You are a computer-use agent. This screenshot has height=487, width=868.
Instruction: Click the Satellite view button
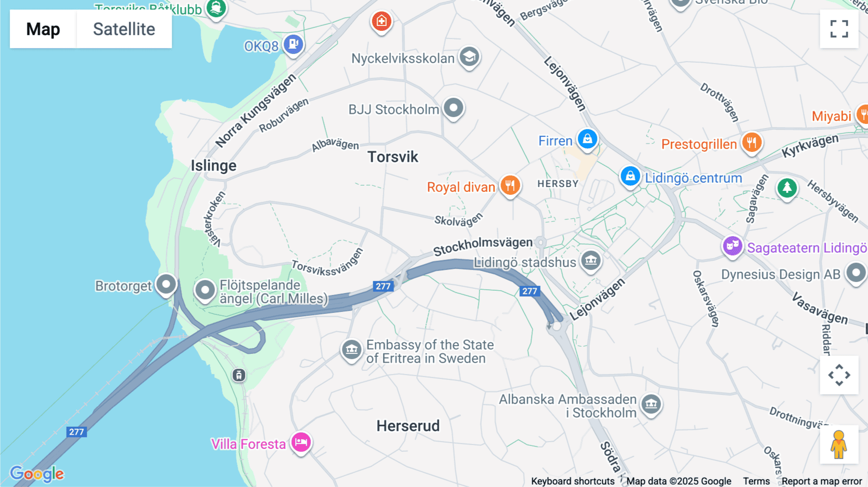[124, 29]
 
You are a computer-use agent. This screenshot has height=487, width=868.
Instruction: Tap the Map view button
[43, 29]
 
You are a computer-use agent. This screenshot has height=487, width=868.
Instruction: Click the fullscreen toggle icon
[839, 29]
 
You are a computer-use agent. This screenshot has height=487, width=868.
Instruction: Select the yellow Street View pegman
[839, 445]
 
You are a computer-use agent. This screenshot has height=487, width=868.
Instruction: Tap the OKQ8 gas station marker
[293, 45]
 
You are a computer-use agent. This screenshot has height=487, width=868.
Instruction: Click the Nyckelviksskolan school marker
[469, 57]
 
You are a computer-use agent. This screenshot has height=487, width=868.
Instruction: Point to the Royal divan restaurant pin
[510, 185]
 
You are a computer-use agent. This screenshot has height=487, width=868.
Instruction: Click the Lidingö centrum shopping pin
[630, 176]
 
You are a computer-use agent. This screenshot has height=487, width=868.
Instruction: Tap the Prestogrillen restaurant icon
[751, 143]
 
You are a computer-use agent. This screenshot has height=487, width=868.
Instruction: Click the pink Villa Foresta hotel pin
[301, 442]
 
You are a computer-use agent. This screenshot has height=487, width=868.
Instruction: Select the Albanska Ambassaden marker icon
[651, 404]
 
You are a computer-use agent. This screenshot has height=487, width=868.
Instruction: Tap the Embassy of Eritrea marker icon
[352, 350]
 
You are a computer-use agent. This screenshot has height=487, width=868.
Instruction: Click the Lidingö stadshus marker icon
[591, 261]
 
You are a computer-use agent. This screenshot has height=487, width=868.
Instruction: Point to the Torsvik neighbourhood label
[393, 157]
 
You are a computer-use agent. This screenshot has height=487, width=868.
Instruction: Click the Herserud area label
[408, 426]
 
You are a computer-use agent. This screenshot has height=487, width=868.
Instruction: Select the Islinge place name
[214, 165]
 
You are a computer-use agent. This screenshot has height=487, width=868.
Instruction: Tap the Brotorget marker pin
[166, 284]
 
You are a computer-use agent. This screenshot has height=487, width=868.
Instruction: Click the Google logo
[37, 473]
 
